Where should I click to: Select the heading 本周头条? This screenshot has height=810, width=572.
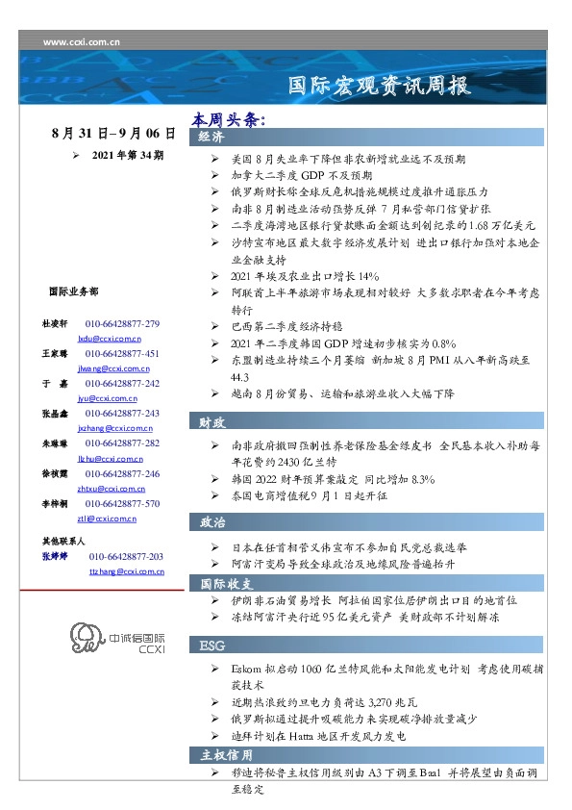point(227,119)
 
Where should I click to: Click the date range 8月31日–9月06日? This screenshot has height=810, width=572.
point(113,134)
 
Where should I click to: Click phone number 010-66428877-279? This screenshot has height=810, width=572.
point(122,324)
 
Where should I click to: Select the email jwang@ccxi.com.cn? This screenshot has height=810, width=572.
point(109,367)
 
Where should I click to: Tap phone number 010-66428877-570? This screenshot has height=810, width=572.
point(122,503)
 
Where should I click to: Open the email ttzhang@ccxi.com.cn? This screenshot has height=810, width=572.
point(126,571)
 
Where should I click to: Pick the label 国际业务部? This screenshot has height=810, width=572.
point(72,291)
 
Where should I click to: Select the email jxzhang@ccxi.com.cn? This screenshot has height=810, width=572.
point(110,427)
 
